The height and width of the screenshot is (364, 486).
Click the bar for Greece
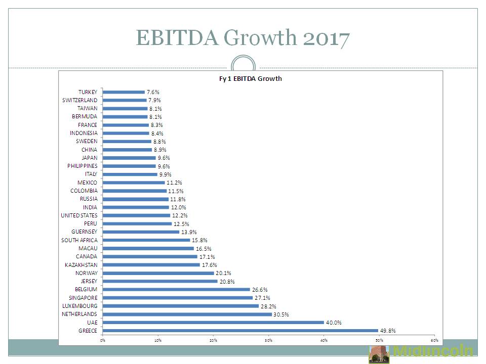[x=240, y=331]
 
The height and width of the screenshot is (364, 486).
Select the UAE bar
[x=213, y=323]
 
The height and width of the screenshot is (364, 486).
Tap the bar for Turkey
[x=124, y=92]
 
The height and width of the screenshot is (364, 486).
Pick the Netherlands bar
[x=187, y=314]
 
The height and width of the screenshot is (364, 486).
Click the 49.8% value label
[x=388, y=331]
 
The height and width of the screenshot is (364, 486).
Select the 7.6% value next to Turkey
[x=153, y=92]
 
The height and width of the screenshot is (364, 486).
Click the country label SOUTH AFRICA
[x=79, y=240]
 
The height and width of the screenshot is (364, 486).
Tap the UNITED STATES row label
[x=79, y=215]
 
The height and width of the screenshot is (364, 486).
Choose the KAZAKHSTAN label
[x=81, y=265]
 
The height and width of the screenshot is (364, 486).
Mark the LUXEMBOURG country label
[x=80, y=306]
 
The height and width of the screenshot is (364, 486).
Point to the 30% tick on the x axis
[x=268, y=340]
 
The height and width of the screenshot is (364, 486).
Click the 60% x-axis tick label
[x=434, y=340]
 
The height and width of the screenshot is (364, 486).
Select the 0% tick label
[x=103, y=340]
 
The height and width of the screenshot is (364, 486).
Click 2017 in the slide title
[x=327, y=38]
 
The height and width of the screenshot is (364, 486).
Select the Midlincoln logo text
[x=433, y=351]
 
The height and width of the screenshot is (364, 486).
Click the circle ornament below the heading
[x=243, y=67]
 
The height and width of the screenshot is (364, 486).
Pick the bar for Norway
[x=158, y=273]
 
